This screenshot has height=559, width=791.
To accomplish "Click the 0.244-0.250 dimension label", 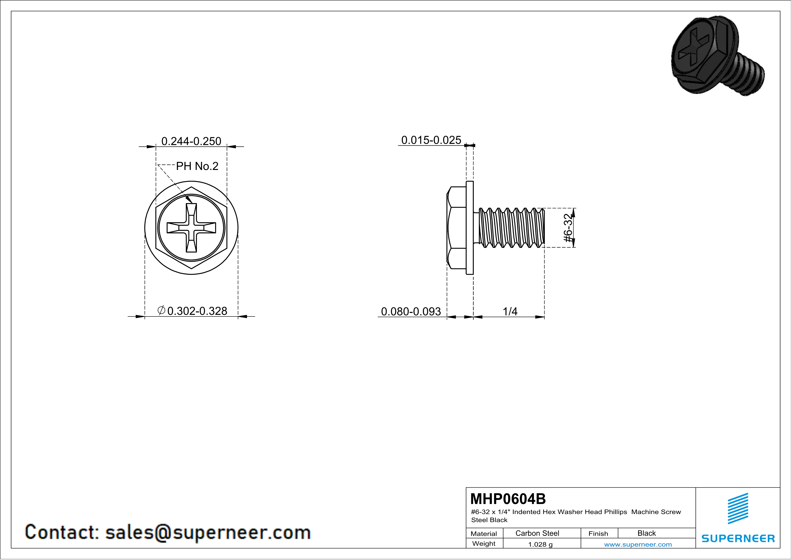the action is (191, 141).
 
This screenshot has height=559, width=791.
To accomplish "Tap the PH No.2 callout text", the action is (197, 166).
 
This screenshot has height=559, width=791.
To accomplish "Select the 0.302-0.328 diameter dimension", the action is (197, 311).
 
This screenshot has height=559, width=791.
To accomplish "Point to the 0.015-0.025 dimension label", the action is (431, 140).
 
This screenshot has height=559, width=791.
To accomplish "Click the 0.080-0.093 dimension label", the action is (411, 312).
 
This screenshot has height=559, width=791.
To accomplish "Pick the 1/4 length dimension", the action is (510, 312).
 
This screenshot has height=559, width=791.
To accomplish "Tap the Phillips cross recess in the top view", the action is (191, 227).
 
